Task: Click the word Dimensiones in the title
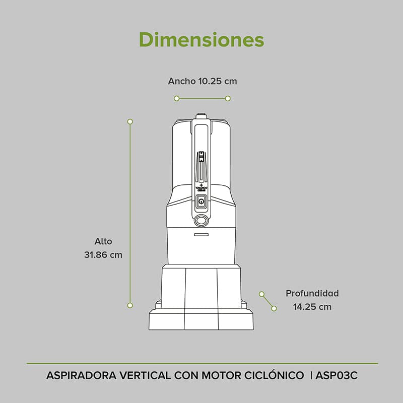(x=201, y=39)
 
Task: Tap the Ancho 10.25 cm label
(x=202, y=81)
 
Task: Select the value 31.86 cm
(x=103, y=255)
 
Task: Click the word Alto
(x=103, y=241)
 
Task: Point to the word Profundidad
(x=312, y=293)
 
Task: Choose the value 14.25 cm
(x=312, y=306)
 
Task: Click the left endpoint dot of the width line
(x=177, y=98)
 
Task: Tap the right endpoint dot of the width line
(x=228, y=98)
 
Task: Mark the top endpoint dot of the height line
(x=130, y=121)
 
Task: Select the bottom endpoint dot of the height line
(x=130, y=305)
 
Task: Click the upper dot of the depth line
(x=261, y=294)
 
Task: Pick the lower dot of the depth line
(x=274, y=308)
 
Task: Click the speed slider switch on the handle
(x=201, y=157)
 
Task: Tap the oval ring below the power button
(x=201, y=220)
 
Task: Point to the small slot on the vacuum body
(x=201, y=234)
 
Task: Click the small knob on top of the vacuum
(x=201, y=116)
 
